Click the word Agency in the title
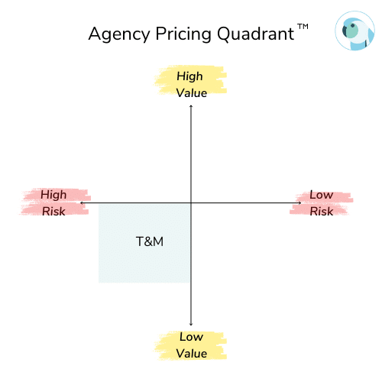point(119,34)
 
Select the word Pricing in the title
point(183,34)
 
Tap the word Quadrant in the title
point(255,34)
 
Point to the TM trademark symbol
point(303,27)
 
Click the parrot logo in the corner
point(354,31)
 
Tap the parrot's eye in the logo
point(353,25)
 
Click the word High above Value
point(189,76)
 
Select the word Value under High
point(192,93)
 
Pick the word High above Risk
point(53,195)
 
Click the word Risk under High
point(53,212)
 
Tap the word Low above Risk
point(322,195)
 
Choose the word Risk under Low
point(322,212)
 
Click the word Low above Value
point(191,337)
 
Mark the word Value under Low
point(192,354)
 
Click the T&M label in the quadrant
point(150,241)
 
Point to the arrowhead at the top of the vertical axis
point(191,105)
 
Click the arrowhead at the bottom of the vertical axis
point(191,325)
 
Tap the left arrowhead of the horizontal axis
point(81,203)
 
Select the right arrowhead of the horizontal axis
point(300,203)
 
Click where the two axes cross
point(191,203)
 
